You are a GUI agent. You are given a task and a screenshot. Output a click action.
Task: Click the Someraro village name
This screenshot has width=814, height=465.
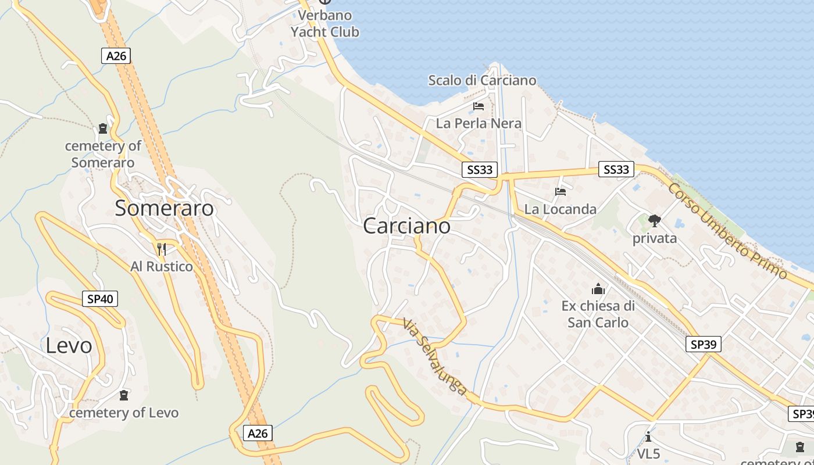pyautogui.click(x=164, y=208)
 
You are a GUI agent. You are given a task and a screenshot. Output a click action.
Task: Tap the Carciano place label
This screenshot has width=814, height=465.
pyautogui.click(x=406, y=226)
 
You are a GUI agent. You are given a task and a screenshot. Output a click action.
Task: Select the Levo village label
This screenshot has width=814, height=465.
pyautogui.click(x=69, y=345)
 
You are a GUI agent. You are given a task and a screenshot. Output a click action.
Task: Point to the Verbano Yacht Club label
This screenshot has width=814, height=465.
pyautogui.click(x=324, y=23)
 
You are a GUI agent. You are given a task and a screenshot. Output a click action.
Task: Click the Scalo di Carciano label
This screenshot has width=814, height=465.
pyautogui.click(x=482, y=80)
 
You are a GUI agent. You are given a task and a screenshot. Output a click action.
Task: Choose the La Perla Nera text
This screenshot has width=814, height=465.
pyautogui.click(x=479, y=123)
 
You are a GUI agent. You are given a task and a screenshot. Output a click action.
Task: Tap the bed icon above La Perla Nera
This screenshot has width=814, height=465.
pyautogui.click(x=479, y=106)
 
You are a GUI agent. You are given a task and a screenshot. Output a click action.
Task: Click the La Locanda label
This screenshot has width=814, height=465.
pyautogui.click(x=560, y=209)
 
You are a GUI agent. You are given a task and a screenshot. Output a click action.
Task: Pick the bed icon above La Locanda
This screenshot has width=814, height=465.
pyautogui.click(x=560, y=192)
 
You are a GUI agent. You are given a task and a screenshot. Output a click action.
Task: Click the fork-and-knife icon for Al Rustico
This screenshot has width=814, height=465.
pyautogui.click(x=162, y=249)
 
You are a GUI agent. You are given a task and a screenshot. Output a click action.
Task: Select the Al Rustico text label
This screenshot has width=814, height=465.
pyautogui.click(x=162, y=267)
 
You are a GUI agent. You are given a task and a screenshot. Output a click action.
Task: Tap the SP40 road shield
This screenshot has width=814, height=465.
pyautogui.click(x=100, y=299)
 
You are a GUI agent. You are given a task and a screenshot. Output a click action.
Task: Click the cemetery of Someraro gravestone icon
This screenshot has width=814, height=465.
pyautogui.click(x=103, y=128)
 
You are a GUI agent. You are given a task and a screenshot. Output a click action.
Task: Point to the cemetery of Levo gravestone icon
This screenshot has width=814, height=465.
pyautogui.click(x=123, y=396)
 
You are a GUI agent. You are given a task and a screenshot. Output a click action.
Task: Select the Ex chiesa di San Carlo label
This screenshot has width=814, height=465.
pyautogui.click(x=598, y=314)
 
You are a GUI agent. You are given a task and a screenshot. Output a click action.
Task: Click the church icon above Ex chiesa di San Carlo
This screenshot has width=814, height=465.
pyautogui.click(x=598, y=289)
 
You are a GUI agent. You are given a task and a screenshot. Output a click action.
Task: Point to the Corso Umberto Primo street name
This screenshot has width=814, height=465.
pyautogui.click(x=727, y=230)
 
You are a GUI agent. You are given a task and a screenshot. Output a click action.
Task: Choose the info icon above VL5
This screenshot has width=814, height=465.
pyautogui.click(x=648, y=437)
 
